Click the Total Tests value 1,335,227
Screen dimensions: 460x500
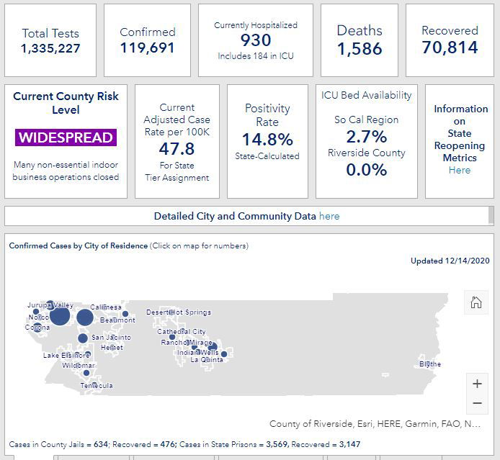tap(50, 49)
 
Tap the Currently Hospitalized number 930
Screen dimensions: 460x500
tap(256, 40)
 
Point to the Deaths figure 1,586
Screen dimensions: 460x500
tap(360, 49)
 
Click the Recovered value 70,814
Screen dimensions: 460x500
tap(450, 48)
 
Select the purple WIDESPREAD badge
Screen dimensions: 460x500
tap(66, 137)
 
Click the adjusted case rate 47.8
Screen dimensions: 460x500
tap(177, 148)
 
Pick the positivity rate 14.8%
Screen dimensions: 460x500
tap(267, 140)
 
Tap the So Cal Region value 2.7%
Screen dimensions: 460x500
tap(367, 137)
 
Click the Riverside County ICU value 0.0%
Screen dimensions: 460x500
tap(367, 170)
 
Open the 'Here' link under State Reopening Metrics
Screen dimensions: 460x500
tap(460, 171)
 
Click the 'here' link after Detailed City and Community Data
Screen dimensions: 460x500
tap(329, 216)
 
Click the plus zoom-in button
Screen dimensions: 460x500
tap(477, 384)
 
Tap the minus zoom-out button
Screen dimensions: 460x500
tap(477, 403)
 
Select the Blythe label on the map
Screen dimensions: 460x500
tap(430, 364)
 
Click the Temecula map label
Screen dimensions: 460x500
tap(97, 386)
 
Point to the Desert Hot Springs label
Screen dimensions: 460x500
tap(179, 312)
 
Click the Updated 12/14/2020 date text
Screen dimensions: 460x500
tap(450, 261)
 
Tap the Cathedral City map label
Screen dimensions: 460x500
tap(182, 332)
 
